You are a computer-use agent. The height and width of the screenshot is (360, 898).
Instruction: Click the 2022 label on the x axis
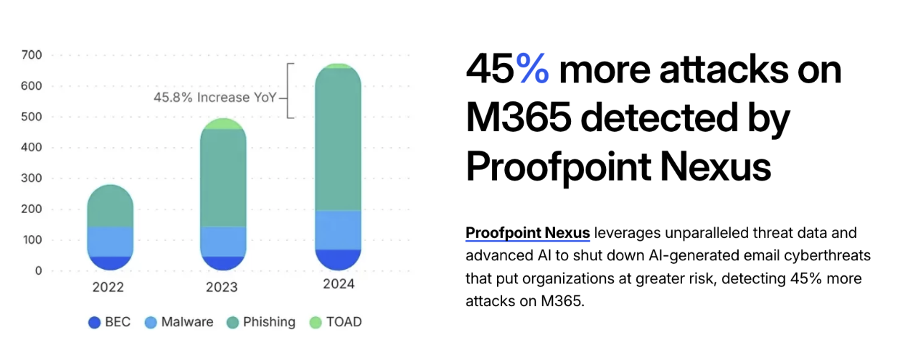click(108, 288)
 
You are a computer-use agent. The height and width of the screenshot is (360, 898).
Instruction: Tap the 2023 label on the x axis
click(222, 288)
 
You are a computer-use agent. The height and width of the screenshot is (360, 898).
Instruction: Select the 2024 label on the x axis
click(338, 284)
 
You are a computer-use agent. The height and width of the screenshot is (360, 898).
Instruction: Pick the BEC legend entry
click(110, 322)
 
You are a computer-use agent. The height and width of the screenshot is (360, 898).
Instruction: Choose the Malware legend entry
click(179, 322)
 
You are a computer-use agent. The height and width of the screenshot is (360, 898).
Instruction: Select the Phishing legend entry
click(260, 322)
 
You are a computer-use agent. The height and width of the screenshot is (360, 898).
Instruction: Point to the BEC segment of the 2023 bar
click(224, 263)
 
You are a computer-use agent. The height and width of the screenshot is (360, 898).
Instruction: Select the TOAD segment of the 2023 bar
click(224, 124)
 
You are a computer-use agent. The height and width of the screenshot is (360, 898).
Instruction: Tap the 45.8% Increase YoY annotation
click(214, 98)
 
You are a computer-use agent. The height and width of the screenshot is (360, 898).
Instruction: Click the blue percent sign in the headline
click(532, 70)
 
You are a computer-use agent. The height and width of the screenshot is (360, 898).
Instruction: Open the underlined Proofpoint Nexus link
click(528, 233)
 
